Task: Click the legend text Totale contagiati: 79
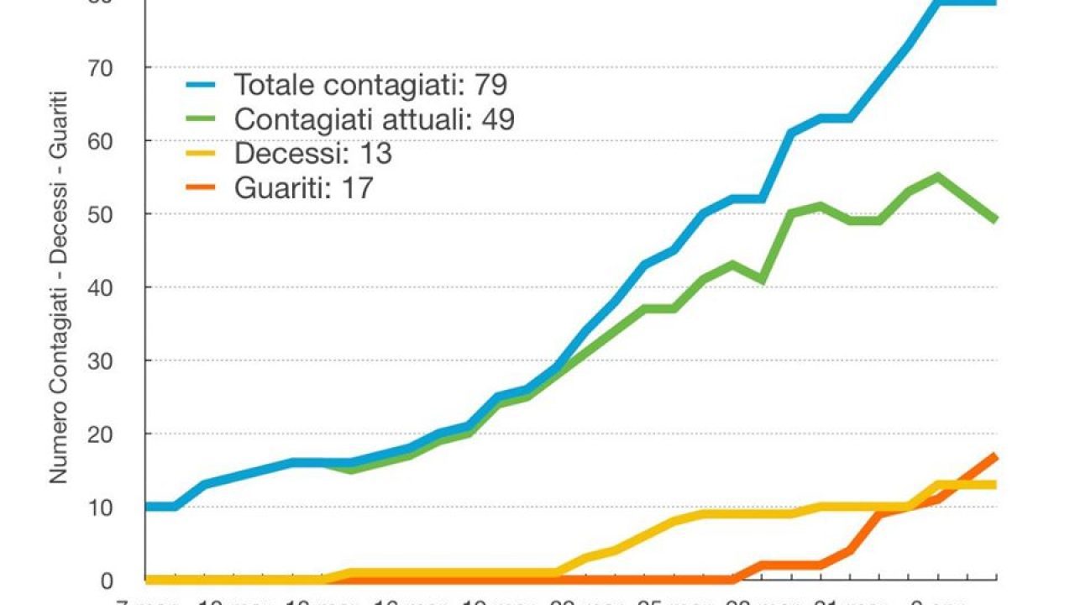click(x=370, y=85)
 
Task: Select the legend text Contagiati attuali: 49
click(x=375, y=119)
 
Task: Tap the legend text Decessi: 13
click(x=313, y=154)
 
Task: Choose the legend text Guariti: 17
click(x=304, y=188)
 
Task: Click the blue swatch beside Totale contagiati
click(x=202, y=85)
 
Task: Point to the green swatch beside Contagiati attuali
click(x=202, y=119)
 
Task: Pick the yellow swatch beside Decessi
click(x=202, y=154)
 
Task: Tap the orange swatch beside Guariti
click(x=202, y=188)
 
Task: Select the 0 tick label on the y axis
click(x=107, y=580)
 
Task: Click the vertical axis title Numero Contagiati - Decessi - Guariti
click(x=58, y=287)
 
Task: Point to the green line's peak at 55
click(x=938, y=176)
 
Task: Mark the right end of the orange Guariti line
click(x=996, y=455)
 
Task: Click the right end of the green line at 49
click(x=996, y=220)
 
